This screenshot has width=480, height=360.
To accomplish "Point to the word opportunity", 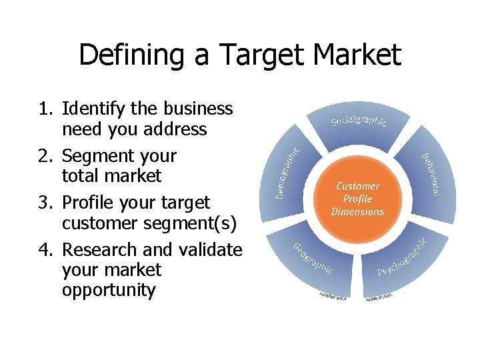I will (x=109, y=291).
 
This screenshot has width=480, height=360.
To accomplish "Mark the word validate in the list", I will (x=211, y=250).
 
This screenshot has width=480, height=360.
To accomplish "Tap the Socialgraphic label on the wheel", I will (x=359, y=119).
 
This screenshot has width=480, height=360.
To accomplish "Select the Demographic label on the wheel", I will (x=288, y=172).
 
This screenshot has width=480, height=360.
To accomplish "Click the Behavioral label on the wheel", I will (x=430, y=174).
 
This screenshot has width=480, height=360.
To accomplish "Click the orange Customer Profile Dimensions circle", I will (x=358, y=199).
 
